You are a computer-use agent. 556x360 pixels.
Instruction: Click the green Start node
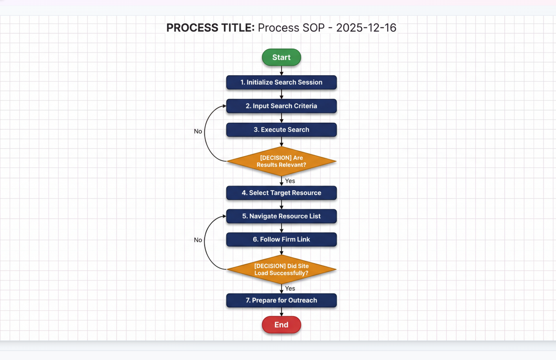pos(281,57)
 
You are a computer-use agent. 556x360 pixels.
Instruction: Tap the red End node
pos(281,325)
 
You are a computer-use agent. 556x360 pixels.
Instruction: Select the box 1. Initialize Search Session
pos(281,82)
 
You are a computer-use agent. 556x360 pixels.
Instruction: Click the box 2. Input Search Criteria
pos(281,106)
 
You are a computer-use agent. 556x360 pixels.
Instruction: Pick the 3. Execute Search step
pos(281,130)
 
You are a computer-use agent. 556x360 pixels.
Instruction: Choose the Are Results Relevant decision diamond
pos(281,161)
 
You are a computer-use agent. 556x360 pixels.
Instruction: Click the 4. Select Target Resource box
pos(281,193)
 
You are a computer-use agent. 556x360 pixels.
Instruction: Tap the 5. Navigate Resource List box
pos(281,216)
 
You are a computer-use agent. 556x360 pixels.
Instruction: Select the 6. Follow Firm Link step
pos(281,239)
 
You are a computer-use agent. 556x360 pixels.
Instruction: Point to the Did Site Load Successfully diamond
pos(281,269)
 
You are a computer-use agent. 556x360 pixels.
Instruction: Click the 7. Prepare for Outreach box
pos(281,300)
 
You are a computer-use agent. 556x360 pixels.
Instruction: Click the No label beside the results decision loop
pos(198,131)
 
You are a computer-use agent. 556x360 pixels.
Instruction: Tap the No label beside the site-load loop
pos(198,240)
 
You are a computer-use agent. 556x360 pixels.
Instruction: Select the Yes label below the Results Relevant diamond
pos(290,181)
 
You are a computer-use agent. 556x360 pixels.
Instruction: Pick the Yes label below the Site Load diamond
pos(290,288)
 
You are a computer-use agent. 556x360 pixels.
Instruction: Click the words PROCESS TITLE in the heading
pos(210,28)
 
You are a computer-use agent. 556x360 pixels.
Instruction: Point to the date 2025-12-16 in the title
pos(366,28)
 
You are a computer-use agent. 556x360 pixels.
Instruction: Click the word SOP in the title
pos(314,28)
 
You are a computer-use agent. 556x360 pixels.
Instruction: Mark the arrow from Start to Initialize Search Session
pos(282,71)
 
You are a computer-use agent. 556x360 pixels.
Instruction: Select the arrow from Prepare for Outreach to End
pos(282,312)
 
